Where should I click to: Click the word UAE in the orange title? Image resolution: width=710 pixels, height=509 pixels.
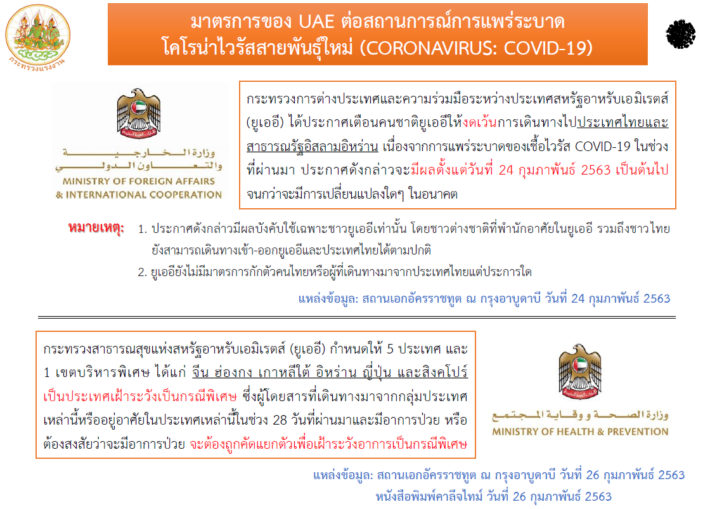coord(316,22)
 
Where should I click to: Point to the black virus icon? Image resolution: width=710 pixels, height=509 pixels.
coord(680,34)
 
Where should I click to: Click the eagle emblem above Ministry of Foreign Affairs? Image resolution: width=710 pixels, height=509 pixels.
coord(139,114)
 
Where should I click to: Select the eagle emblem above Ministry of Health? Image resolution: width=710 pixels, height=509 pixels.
coord(580,372)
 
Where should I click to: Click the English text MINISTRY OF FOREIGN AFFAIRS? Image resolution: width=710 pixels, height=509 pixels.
coord(139,182)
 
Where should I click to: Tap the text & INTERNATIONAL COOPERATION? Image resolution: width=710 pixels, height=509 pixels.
coord(139,195)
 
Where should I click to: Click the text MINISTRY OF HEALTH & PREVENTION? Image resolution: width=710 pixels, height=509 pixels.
coord(580,432)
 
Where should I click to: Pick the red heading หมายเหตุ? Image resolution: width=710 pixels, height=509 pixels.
coord(96,227)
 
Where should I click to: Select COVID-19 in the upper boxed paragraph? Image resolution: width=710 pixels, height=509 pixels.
coord(602,147)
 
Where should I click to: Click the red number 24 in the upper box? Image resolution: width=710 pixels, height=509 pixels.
coord(506,170)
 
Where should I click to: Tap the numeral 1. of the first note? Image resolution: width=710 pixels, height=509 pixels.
coord(142,229)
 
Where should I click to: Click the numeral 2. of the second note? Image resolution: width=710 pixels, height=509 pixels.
coord(142,272)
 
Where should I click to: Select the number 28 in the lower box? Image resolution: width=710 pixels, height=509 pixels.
coord(280,420)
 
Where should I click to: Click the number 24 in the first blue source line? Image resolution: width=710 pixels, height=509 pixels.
coord(578,299)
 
